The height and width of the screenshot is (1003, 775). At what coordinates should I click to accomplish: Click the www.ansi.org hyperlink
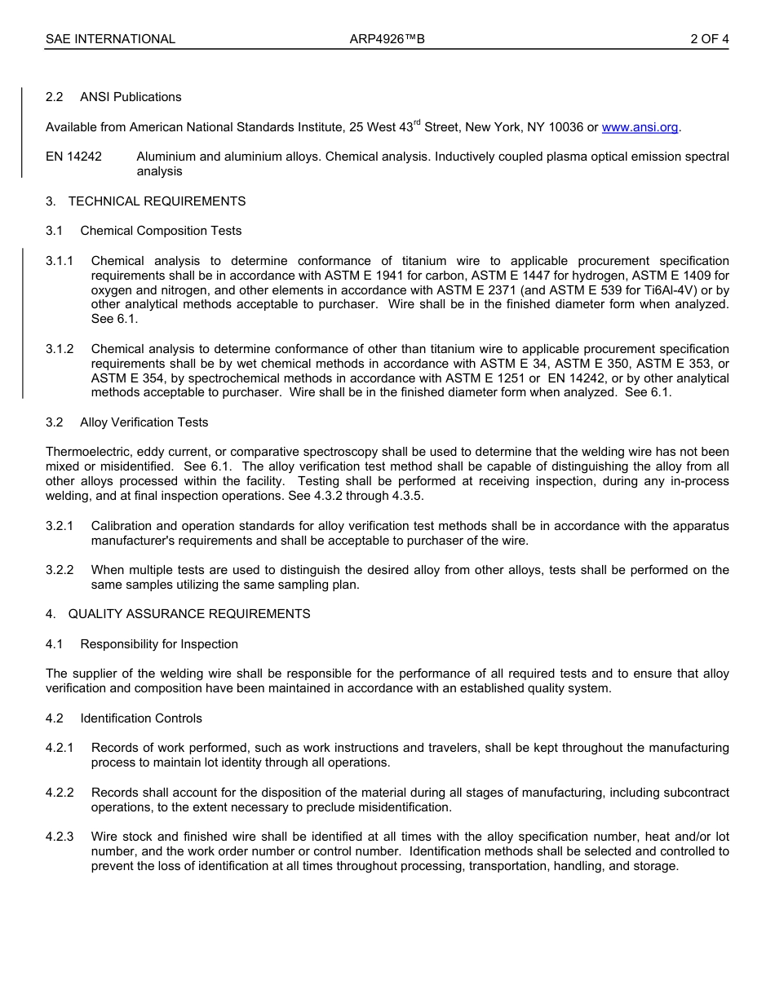[x=640, y=127]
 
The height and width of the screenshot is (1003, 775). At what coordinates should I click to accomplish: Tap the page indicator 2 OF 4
[x=709, y=38]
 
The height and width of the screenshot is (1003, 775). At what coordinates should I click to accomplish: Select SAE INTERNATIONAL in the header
[x=110, y=38]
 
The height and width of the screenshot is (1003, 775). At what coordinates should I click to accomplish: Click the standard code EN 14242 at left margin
[x=73, y=157]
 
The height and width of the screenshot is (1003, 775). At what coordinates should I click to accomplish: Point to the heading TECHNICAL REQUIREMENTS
[x=157, y=201]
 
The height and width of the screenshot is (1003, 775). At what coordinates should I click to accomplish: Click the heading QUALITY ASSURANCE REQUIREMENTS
[x=189, y=614]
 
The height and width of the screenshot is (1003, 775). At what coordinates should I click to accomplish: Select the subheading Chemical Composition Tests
[x=161, y=231]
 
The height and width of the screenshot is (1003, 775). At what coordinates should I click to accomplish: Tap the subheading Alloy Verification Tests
[x=144, y=422]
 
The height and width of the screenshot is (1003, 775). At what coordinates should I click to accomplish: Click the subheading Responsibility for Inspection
[x=159, y=644]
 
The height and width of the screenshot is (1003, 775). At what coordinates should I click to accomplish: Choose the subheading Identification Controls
[x=141, y=718]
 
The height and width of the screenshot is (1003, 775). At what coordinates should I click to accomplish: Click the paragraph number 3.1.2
[x=60, y=349]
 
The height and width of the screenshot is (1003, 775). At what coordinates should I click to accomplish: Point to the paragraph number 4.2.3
[x=60, y=837]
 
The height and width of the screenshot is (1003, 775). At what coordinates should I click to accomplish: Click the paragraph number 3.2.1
[x=60, y=526]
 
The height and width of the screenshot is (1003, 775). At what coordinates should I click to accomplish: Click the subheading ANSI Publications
[x=131, y=97]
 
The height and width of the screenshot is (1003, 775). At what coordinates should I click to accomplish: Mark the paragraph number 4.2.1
[x=60, y=748]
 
